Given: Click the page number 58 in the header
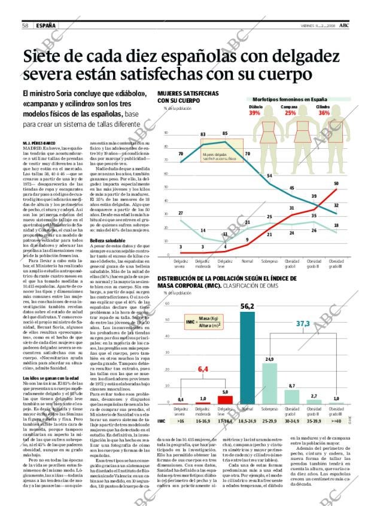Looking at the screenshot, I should point(26,25).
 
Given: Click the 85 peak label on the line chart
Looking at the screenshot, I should point(225,133).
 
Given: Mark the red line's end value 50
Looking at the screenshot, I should point(336,184).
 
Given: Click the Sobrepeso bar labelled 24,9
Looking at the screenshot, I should point(269,383).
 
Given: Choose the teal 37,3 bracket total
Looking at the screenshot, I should point(303,323).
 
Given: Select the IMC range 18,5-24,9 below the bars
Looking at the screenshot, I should point(247,421).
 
